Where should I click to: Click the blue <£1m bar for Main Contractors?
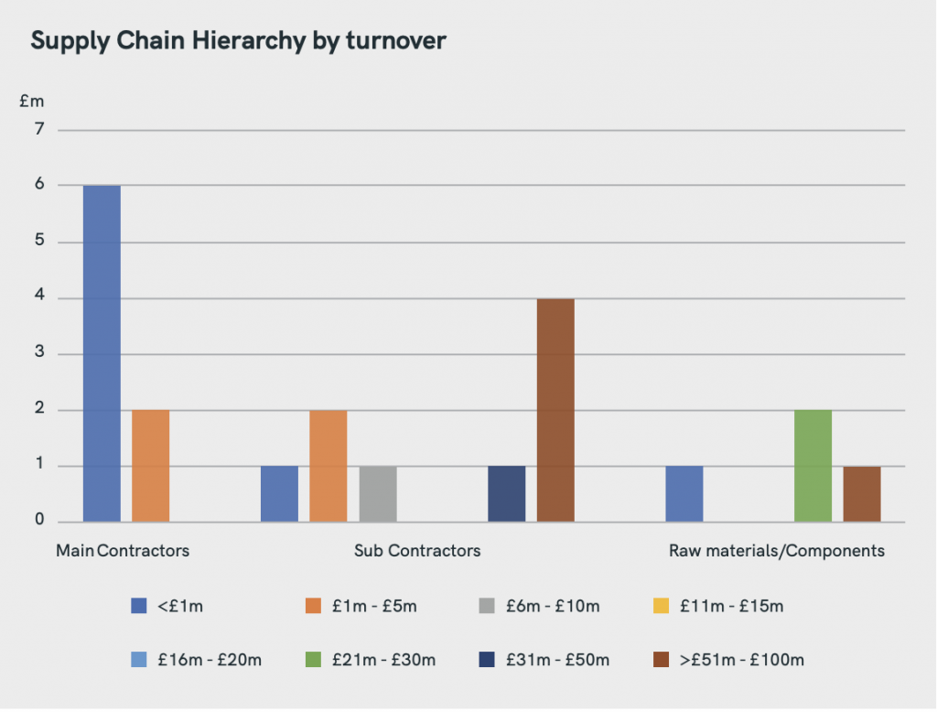pyautogui.click(x=102, y=353)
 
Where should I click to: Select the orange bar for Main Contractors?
pyautogui.click(x=151, y=466)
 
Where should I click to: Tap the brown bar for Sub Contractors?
pyautogui.click(x=555, y=410)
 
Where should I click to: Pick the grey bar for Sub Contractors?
pyautogui.click(x=378, y=494)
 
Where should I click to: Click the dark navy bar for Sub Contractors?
pyautogui.click(x=507, y=494)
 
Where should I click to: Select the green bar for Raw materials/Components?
pyautogui.click(x=813, y=466)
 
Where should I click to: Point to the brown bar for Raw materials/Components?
pyautogui.click(x=862, y=494)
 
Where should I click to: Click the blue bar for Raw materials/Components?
pyautogui.click(x=684, y=494)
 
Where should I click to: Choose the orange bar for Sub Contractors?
pyautogui.click(x=328, y=466)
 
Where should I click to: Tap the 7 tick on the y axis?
pyautogui.click(x=38, y=130)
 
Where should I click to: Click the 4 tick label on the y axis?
pyautogui.click(x=38, y=298)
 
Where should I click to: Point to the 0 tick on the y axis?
pyautogui.click(x=38, y=520)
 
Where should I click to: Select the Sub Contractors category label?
pyautogui.click(x=417, y=551)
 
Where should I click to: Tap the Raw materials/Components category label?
pyautogui.click(x=777, y=551)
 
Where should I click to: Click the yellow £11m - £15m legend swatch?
pyautogui.click(x=662, y=606)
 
